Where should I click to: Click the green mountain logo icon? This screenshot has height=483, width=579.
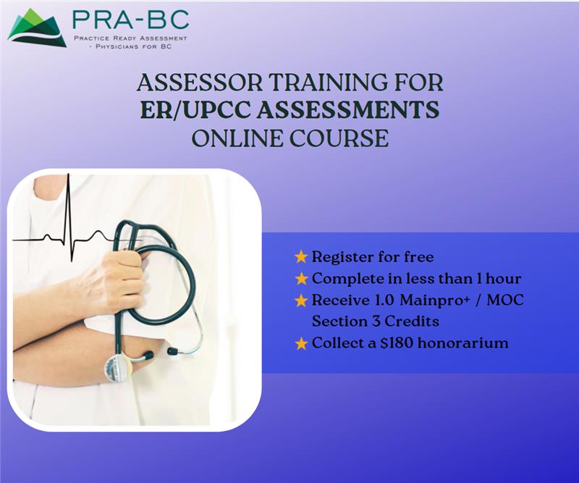pos(36,28)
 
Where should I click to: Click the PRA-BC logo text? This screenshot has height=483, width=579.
pos(130,20)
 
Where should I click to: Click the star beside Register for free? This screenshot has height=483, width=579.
pos(301,256)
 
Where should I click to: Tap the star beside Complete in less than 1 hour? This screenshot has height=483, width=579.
pos(301,278)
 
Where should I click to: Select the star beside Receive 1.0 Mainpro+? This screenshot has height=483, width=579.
pos(301,300)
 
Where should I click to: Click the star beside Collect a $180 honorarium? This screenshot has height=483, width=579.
pos(301,343)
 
